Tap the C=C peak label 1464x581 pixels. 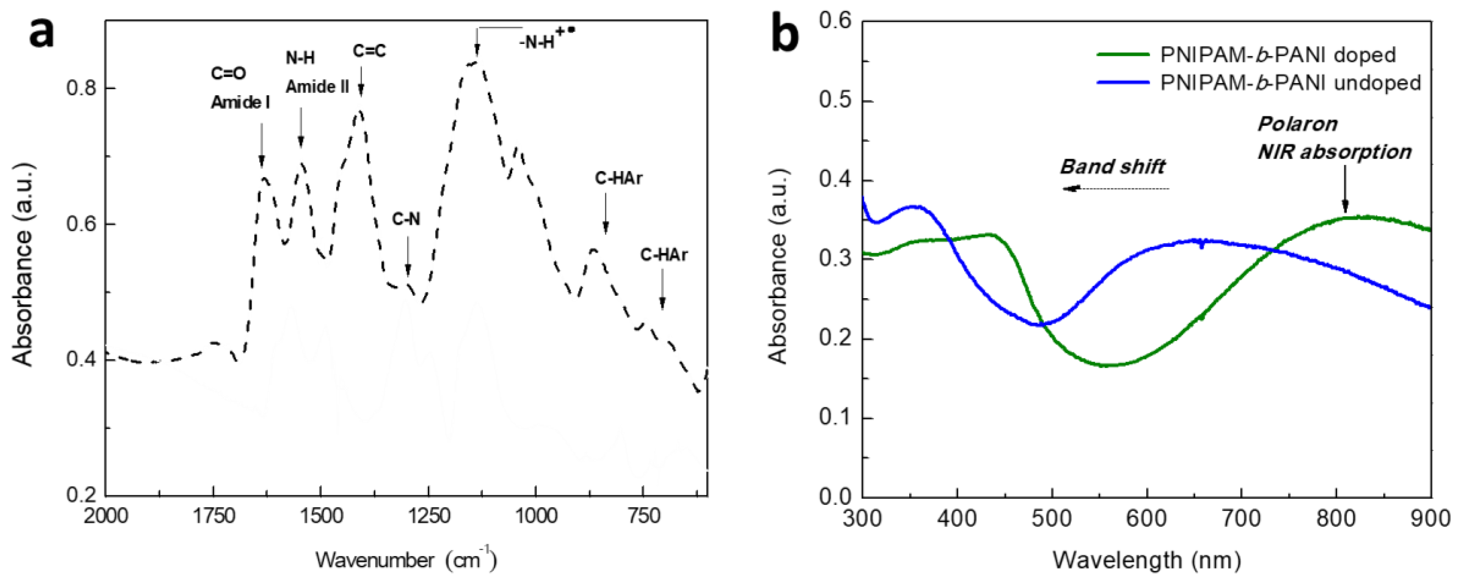[x=369, y=51]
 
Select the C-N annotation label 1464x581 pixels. [x=406, y=219]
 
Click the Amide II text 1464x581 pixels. [x=317, y=87]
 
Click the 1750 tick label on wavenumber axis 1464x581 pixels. [x=213, y=516]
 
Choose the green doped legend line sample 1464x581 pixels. [x=1122, y=55]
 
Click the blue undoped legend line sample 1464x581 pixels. [x=1122, y=83]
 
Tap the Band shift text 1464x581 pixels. [x=1112, y=167]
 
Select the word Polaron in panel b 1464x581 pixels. [x=1297, y=124]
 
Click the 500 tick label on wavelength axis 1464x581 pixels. [x=1052, y=518]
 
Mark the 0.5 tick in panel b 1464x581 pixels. [x=835, y=100]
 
